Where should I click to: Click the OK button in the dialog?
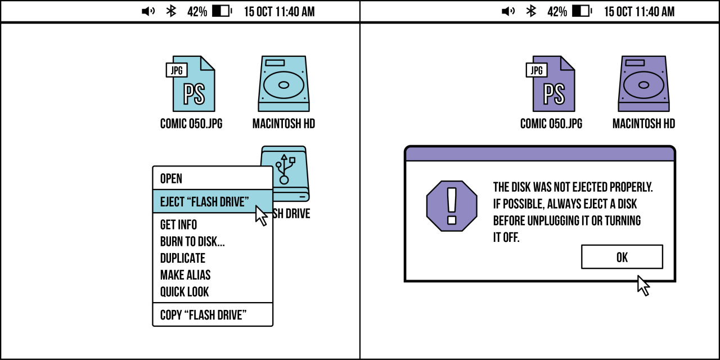pos(622,257)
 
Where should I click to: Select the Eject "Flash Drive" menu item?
pos(213,201)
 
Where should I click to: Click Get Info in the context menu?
pos(178,224)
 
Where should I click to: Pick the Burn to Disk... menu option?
pos(192,241)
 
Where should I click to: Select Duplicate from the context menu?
pos(183,258)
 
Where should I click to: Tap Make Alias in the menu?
pos(185,275)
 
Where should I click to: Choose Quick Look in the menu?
pos(184,292)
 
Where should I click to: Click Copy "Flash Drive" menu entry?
pos(203,315)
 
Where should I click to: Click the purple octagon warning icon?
pos(452,206)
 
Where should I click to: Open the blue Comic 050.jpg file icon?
pos(191,84)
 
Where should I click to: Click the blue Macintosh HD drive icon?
pos(284,84)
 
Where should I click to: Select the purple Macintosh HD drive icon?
pos(644,84)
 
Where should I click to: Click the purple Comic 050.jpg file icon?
pos(551,84)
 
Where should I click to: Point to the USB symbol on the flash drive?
pos(284,169)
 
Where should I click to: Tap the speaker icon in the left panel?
pos(148,11)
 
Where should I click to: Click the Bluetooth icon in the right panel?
pos(531,11)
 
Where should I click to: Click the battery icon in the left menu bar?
pos(222,11)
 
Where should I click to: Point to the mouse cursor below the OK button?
pos(643,285)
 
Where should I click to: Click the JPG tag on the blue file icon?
pos(177,70)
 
